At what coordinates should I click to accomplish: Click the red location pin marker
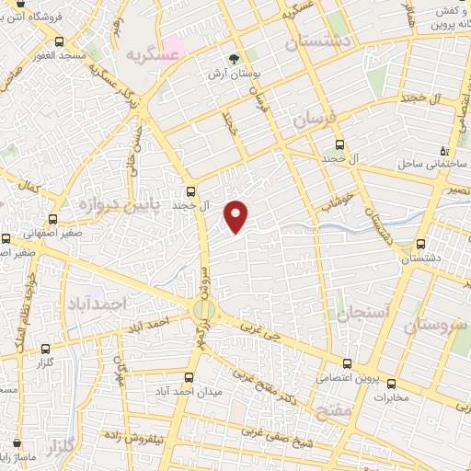237,216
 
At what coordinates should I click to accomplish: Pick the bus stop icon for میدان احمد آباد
189,378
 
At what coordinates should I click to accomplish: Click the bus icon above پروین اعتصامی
347,364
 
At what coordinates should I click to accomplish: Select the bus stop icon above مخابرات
391,384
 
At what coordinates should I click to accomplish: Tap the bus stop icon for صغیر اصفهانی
52,219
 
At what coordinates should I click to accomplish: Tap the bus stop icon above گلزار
46,349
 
